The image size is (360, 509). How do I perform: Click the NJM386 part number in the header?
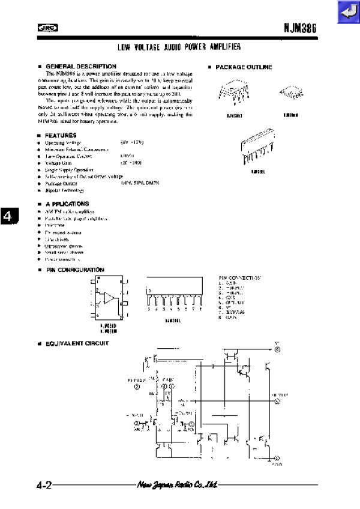tap(300, 28)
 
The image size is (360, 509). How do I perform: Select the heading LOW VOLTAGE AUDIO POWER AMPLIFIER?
tap(179, 47)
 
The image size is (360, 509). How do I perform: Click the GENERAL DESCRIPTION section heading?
tap(80, 66)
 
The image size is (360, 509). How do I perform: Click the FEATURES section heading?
tap(61, 136)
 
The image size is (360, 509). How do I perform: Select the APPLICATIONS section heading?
tap(67, 204)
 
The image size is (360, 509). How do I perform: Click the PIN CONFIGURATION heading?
tap(75, 270)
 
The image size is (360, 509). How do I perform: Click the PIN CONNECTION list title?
tap(240, 278)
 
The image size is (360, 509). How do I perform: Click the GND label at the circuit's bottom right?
tap(277, 464)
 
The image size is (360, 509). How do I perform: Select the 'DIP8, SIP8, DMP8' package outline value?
tap(140, 183)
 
